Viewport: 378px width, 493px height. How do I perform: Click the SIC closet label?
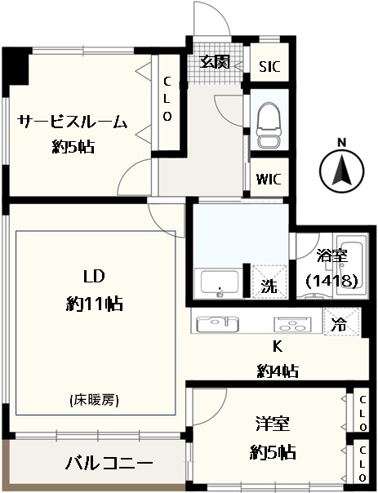coord(269,66)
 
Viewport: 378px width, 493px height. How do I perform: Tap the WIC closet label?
coord(269,180)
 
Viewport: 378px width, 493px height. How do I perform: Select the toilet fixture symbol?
coord(269,126)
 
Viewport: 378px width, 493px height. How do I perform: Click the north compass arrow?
coord(342,171)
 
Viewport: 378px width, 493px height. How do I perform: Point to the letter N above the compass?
coord(342,142)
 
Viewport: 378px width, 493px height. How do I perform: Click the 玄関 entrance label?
coord(216,62)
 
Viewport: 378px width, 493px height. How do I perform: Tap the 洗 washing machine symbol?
coord(269,282)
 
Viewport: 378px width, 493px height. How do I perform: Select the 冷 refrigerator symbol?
coord(341,322)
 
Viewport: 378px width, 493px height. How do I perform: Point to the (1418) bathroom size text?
coord(331,281)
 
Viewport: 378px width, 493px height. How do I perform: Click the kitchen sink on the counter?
coord(217,323)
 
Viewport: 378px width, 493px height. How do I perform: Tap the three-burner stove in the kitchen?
coord(292,324)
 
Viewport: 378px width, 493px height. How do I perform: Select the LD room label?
coord(93,277)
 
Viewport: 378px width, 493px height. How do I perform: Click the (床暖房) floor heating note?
coord(94,400)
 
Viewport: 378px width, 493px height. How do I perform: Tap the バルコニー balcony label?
coord(109,463)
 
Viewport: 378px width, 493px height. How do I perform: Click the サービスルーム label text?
coord(73,122)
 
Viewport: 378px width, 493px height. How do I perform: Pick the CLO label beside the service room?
coord(167,99)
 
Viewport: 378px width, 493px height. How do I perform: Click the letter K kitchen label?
coord(277,346)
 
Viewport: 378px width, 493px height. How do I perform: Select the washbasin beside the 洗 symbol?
coord(219,283)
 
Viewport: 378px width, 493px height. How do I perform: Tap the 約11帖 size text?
coord(94,304)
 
